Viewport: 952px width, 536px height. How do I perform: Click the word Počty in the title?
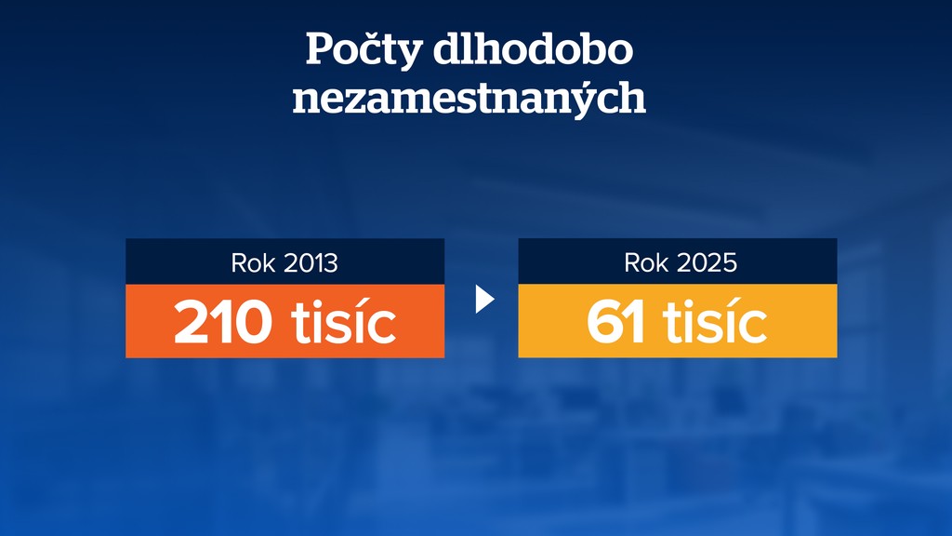click(x=364, y=51)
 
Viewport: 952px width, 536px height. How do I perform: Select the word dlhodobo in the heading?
click(x=533, y=49)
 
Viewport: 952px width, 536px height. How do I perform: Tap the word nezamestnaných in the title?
click(x=469, y=98)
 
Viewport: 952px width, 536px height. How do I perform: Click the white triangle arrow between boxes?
click(x=483, y=299)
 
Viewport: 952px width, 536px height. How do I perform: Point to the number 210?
click(x=223, y=322)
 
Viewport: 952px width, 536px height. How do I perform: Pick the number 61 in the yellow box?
click(x=615, y=322)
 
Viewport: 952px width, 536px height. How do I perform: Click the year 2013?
click(x=310, y=263)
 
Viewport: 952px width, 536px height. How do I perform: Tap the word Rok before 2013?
click(x=253, y=263)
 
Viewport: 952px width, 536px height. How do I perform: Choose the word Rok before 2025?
click(x=646, y=263)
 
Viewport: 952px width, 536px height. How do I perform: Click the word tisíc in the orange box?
click(x=344, y=322)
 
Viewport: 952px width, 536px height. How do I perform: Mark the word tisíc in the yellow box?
click(x=714, y=322)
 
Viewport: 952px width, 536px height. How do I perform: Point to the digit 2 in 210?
click(x=192, y=323)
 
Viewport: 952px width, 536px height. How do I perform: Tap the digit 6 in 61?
click(x=605, y=323)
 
